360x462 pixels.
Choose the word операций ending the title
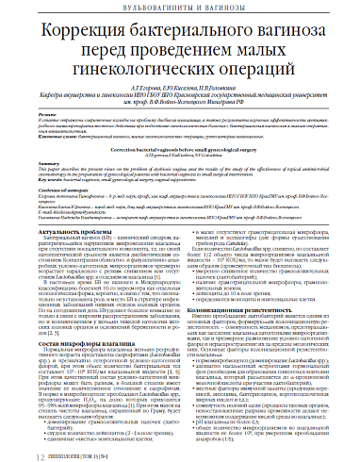click(246, 71)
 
